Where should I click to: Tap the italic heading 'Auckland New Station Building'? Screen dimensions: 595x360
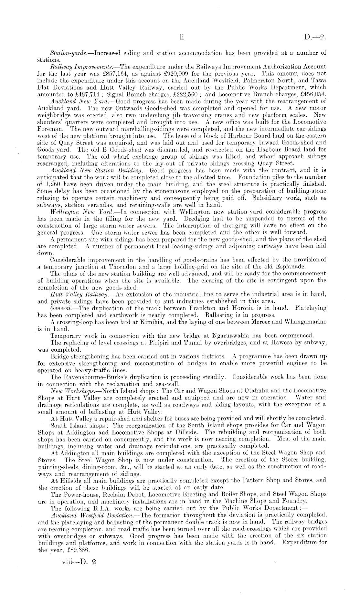click(x=87, y=171)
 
